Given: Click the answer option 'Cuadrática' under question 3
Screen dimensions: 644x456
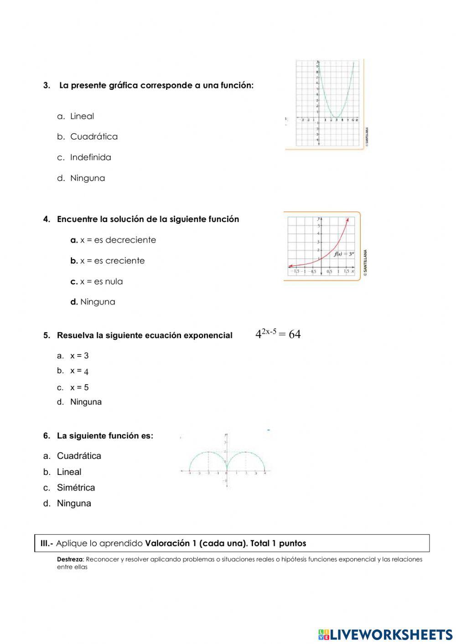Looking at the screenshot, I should point(93,137).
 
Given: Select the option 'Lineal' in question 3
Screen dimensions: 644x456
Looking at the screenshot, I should point(82,116).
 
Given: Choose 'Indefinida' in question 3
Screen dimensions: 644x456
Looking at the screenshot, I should point(90,157).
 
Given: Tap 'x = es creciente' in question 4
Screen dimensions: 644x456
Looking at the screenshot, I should point(112,261).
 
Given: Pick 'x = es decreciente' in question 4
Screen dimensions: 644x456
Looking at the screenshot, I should point(118,240).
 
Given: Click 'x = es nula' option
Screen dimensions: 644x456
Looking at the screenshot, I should point(101,282).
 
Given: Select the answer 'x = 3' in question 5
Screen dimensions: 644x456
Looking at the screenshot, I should point(79,356).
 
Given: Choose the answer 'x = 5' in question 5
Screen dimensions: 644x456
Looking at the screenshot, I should point(79,388).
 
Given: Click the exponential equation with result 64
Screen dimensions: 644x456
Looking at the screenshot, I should point(278,334).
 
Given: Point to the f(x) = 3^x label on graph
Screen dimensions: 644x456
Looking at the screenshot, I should point(344,254).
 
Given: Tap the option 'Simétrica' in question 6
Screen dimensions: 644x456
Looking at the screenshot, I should point(76,488).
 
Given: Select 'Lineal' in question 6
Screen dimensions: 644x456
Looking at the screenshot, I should point(69,472).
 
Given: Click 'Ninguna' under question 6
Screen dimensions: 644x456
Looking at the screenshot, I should point(74,504).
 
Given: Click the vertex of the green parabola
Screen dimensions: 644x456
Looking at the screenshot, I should point(336,117).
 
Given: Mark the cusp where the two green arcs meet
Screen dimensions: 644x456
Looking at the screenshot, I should point(227,470).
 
